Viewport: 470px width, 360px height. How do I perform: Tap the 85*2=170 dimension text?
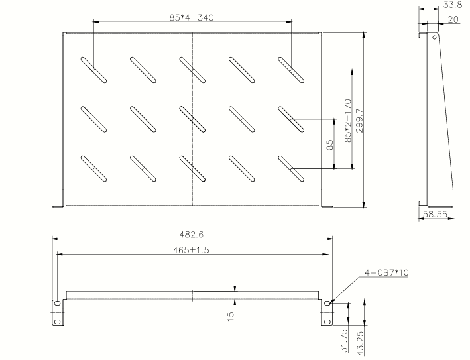coord(347,120)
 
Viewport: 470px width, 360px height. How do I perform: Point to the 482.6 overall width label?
coord(192,233)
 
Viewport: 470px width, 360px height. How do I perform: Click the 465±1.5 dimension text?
coord(192,249)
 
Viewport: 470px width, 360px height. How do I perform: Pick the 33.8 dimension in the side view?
coord(453,5)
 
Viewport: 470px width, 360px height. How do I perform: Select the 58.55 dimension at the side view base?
coord(434,215)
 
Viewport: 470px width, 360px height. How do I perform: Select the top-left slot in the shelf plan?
coord(93,70)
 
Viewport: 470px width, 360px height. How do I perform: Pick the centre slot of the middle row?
coord(193,119)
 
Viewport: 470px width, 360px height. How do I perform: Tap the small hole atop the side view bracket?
coord(435,37)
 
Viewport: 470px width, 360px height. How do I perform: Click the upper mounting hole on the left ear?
coord(57,304)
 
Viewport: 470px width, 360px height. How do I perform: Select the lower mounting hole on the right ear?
coord(327,322)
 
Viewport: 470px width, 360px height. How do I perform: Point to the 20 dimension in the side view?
coord(453,20)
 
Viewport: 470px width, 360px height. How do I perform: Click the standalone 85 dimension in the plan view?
coord(331,145)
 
